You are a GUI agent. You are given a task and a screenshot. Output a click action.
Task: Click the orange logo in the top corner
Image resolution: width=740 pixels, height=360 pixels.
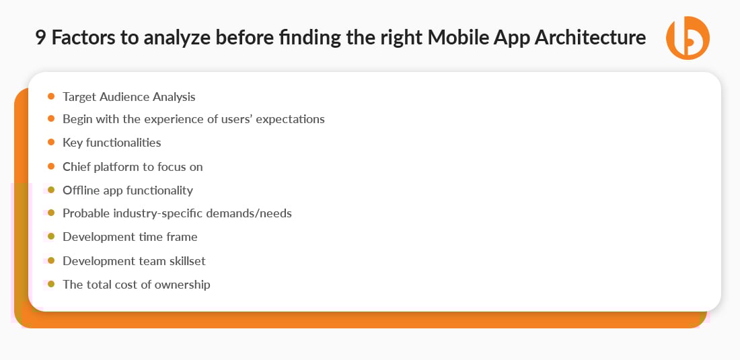click(688, 38)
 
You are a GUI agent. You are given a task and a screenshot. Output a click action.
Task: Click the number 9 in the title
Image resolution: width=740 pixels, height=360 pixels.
click(40, 38)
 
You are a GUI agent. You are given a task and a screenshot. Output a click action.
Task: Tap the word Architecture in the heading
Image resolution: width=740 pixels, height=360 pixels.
click(590, 38)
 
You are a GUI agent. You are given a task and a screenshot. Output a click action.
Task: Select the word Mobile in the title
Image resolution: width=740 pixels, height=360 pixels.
click(457, 38)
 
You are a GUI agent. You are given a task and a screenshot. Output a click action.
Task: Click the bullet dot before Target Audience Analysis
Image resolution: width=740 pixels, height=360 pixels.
click(51, 96)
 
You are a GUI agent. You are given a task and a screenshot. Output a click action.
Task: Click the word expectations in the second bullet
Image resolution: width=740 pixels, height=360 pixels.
click(290, 119)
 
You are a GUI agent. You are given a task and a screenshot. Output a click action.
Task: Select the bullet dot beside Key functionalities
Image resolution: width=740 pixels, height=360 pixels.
click(51, 142)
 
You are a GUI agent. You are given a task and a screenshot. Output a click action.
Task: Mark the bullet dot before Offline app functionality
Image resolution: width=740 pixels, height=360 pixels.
click(51, 190)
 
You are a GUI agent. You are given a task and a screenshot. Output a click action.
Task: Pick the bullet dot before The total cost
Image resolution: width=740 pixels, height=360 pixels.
click(51, 284)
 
